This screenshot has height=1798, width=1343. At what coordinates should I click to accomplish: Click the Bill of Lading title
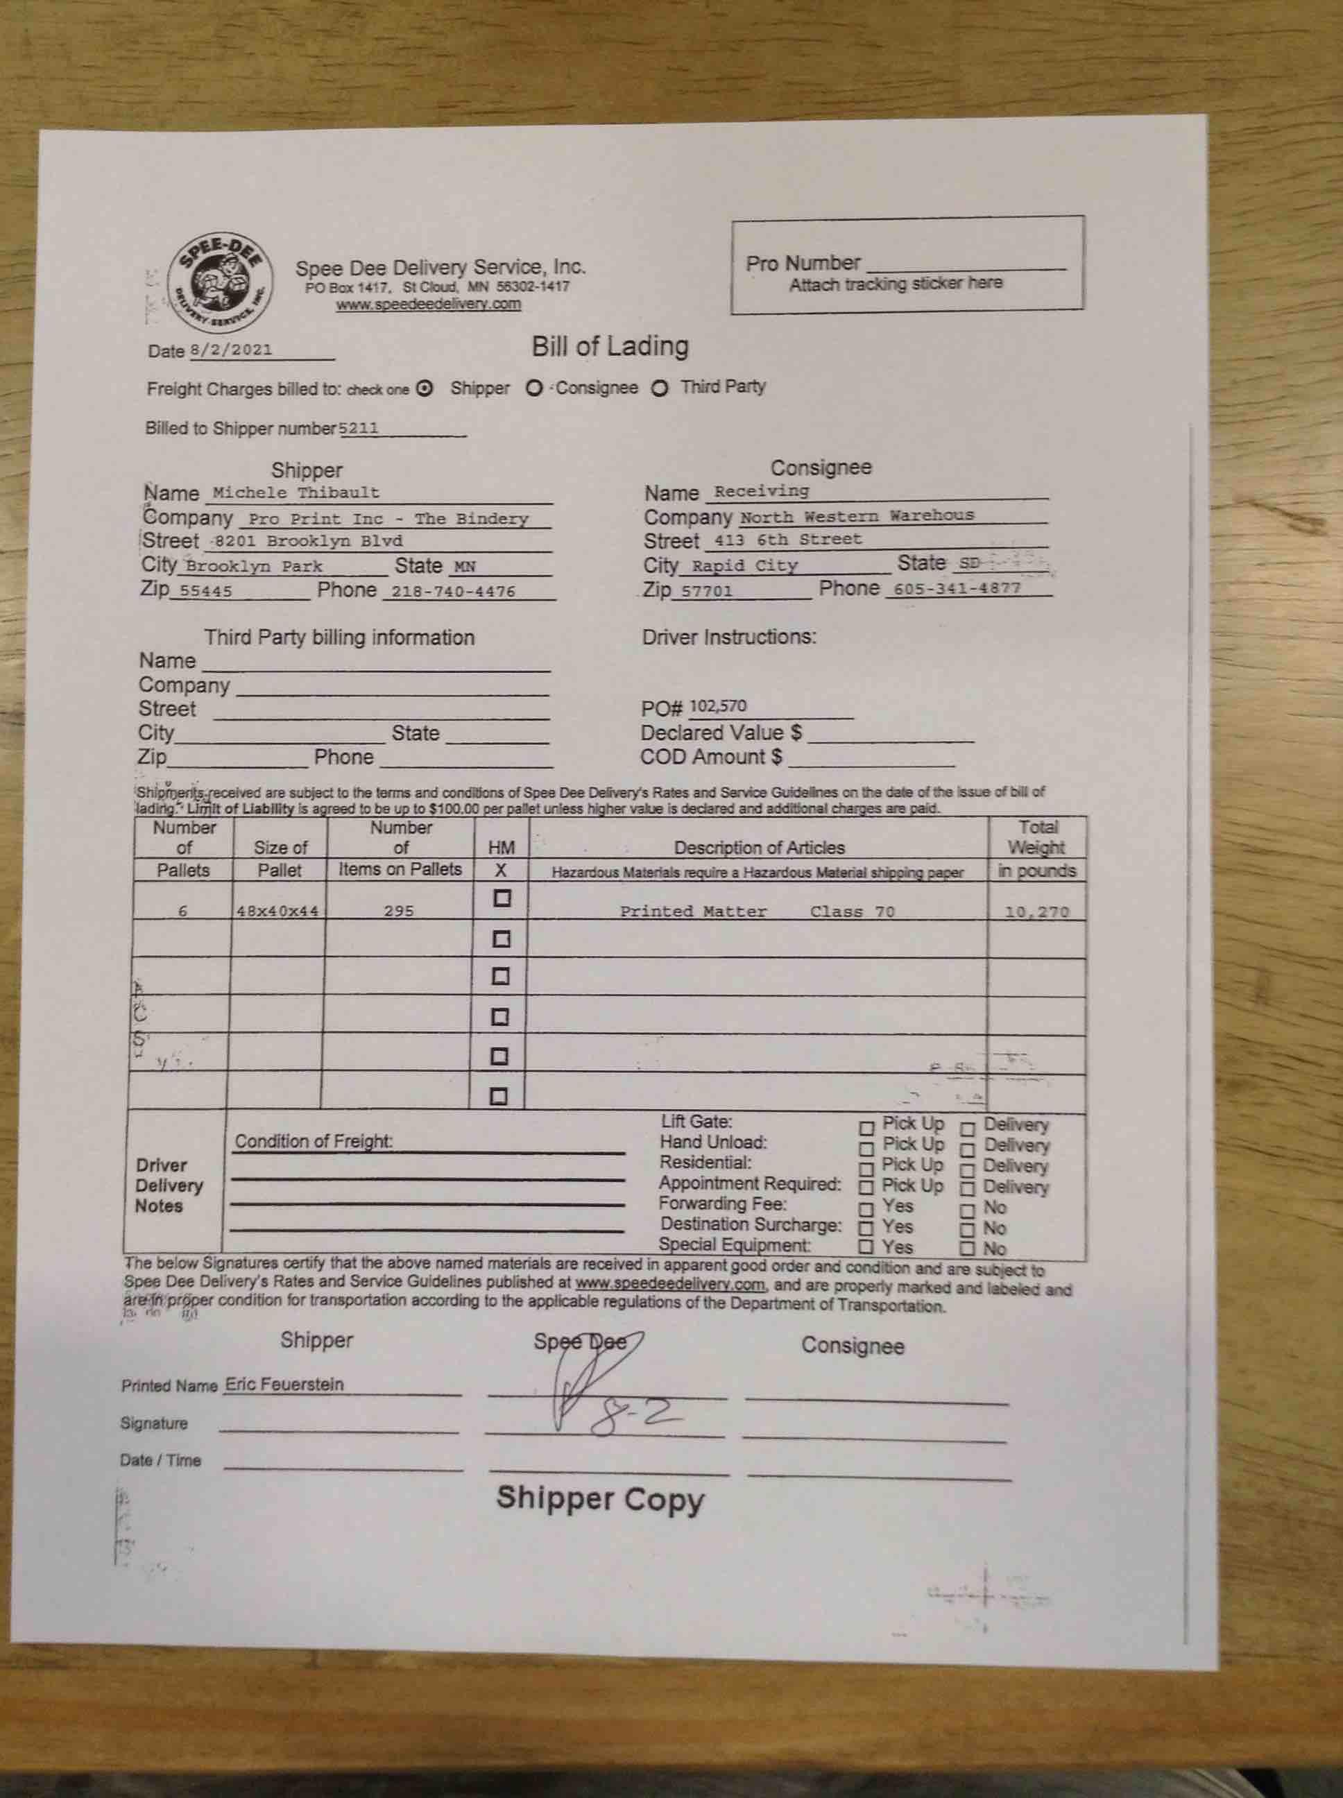(x=610, y=346)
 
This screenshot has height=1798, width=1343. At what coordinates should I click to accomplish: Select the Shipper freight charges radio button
(x=424, y=388)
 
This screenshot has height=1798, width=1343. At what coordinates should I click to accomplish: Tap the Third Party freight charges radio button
(x=659, y=388)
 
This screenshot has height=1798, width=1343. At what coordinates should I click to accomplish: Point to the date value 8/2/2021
(x=232, y=350)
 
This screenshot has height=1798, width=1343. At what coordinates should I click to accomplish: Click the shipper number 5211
(x=359, y=429)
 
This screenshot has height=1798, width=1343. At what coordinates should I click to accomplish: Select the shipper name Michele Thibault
(x=296, y=493)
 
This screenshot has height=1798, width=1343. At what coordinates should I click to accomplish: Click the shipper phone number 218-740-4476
(x=453, y=592)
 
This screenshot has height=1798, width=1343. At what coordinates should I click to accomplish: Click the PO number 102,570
(x=718, y=705)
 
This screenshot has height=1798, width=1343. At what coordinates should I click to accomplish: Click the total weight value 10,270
(x=1036, y=911)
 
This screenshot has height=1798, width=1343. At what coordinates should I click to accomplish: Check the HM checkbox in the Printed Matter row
(x=502, y=898)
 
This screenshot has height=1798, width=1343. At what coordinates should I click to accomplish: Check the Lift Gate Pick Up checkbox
(x=866, y=1128)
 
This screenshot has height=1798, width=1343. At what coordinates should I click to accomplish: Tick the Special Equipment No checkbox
(x=968, y=1249)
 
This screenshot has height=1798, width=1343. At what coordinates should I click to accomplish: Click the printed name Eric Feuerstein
(x=284, y=1383)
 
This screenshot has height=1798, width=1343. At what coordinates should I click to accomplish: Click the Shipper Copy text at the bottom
(x=600, y=1498)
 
